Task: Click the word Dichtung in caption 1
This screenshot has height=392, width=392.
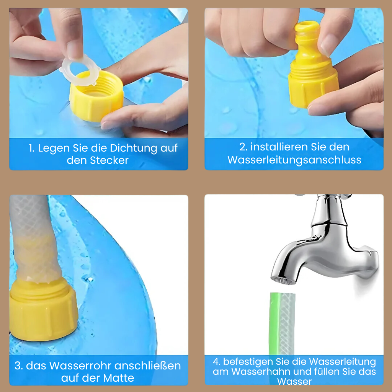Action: [134, 148]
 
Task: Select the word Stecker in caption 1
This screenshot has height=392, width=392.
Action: [109, 160]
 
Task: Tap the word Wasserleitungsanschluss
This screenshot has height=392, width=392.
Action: [294, 160]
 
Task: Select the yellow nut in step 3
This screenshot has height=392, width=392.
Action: [43, 310]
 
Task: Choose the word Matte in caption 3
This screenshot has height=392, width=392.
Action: [119, 378]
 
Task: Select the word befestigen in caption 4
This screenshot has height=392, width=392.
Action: [248, 362]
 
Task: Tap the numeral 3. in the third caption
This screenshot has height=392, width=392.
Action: [19, 366]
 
